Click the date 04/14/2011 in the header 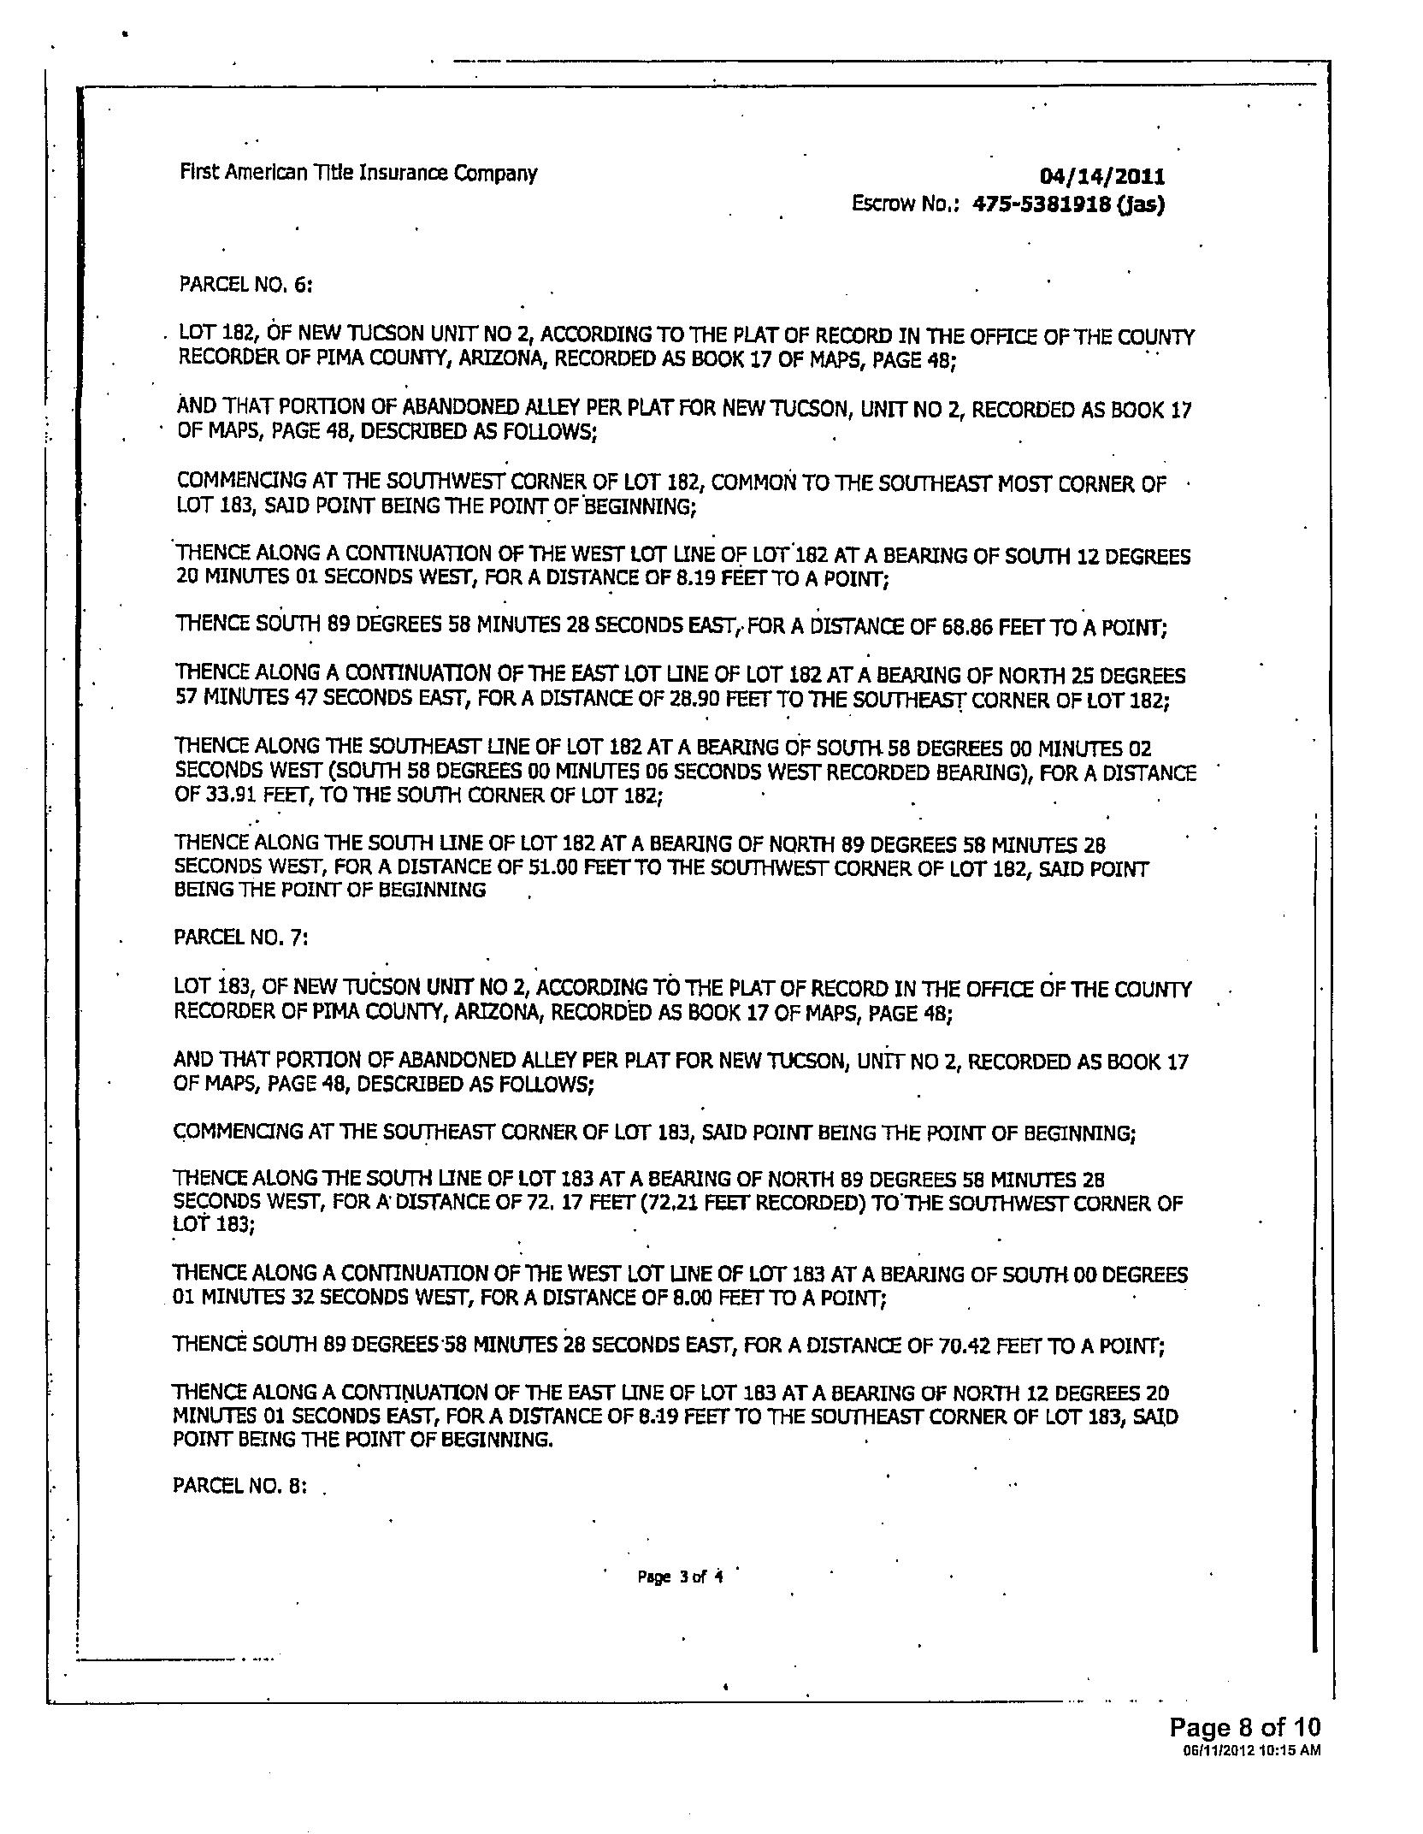tap(1101, 177)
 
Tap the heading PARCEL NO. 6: tap(245, 284)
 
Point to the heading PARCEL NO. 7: tap(240, 938)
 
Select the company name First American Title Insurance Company tap(358, 174)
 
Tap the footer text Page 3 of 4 tap(681, 1577)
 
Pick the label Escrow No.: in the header tap(906, 204)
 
